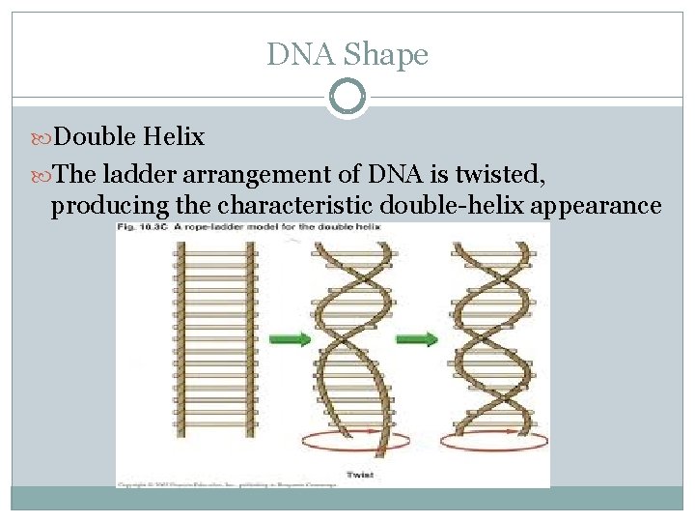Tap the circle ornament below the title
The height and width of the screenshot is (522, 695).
(x=347, y=98)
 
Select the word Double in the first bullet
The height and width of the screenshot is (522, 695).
(x=95, y=137)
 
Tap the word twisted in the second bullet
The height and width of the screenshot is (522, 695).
(x=503, y=174)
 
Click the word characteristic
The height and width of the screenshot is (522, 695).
(x=295, y=205)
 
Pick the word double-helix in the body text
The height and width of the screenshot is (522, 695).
(x=446, y=205)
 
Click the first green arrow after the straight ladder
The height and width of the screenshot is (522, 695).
(x=288, y=338)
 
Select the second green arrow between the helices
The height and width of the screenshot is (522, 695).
(x=416, y=338)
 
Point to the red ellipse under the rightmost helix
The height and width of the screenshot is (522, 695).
(x=493, y=440)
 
